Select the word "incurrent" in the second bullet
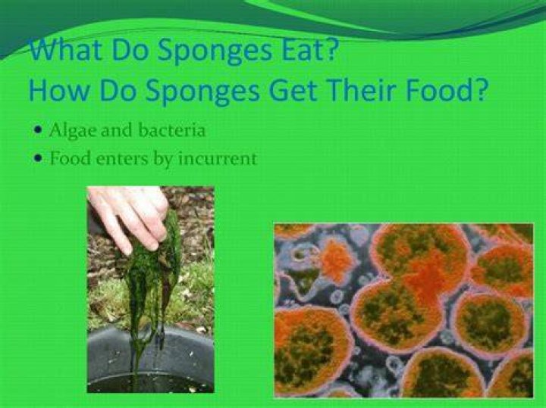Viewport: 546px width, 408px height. [x=218, y=158]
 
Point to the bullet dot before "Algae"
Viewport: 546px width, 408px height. [x=39, y=131]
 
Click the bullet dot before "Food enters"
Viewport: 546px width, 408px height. [x=39, y=159]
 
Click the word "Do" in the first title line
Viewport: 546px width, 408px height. [x=130, y=49]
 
